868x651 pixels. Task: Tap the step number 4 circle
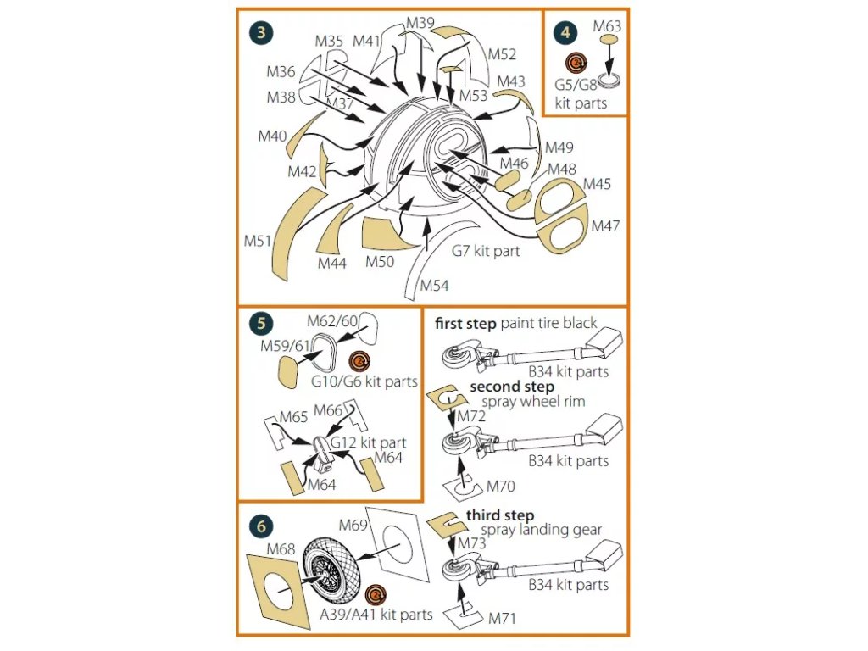pyautogui.click(x=565, y=34)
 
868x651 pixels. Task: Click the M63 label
pyautogui.click(x=607, y=26)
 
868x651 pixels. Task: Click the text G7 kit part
pyautogui.click(x=486, y=251)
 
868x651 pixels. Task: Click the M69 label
pyautogui.click(x=353, y=526)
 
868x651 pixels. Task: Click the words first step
pyautogui.click(x=465, y=323)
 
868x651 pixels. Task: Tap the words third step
pyautogui.click(x=500, y=515)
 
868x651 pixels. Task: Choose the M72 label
pyautogui.click(x=471, y=416)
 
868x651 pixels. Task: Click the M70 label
pyautogui.click(x=501, y=487)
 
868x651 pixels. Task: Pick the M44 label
pyautogui.click(x=332, y=264)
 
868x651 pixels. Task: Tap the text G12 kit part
pyautogui.click(x=368, y=442)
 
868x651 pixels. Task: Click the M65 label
pyautogui.click(x=293, y=418)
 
